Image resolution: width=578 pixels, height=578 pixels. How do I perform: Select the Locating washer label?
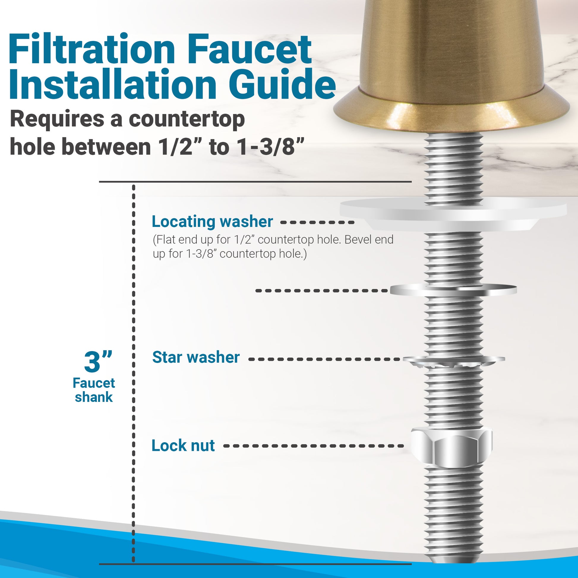[212, 222]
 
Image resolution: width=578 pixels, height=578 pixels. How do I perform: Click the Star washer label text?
[196, 357]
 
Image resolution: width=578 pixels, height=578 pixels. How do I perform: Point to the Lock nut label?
[183, 446]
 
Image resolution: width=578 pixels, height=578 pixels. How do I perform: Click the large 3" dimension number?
[98, 361]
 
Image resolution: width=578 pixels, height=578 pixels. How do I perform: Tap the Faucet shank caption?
[94, 390]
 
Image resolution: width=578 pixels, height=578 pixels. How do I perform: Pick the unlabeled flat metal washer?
[454, 290]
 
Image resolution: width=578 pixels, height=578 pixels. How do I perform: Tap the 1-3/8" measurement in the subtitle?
[271, 147]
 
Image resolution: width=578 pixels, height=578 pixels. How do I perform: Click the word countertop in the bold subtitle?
[187, 119]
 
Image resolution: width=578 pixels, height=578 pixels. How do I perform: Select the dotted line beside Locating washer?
[318, 222]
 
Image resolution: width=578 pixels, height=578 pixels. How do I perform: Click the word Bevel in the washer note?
[354, 239]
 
